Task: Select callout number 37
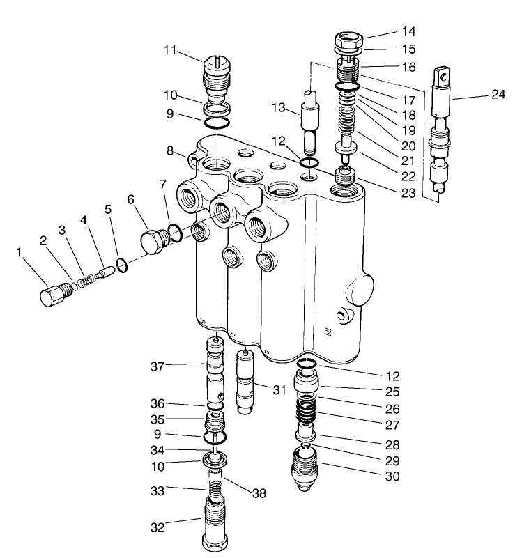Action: pos(158,366)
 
